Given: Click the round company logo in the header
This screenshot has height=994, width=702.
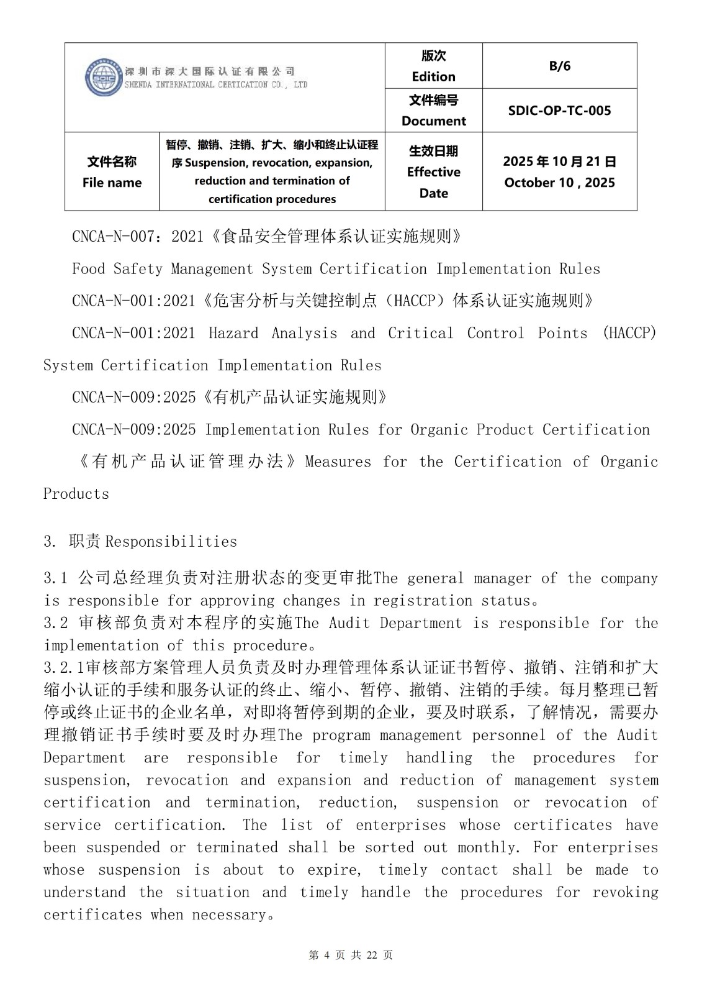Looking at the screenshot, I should click(x=104, y=78).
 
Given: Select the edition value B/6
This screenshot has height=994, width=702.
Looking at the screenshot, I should click(x=559, y=66).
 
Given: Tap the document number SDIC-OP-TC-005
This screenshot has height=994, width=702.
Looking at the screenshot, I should click(x=559, y=111).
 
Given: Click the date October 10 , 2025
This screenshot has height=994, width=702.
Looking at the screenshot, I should click(x=559, y=183).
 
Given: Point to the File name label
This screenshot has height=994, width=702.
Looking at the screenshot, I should click(x=112, y=183).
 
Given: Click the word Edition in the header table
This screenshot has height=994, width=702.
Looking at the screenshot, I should click(x=433, y=76).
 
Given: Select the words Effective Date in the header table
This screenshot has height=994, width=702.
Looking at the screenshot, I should click(x=433, y=182).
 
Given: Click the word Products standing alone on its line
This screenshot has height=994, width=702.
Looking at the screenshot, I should click(x=76, y=495).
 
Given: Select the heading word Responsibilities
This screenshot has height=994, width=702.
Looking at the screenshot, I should click(x=171, y=542).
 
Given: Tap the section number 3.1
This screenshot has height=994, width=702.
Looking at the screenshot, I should click(x=55, y=578).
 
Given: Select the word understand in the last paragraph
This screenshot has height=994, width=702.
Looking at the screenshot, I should click(x=84, y=892).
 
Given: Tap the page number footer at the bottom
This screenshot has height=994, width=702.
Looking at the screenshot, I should click(x=351, y=955).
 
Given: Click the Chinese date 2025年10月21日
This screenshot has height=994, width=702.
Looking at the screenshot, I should click(x=559, y=162).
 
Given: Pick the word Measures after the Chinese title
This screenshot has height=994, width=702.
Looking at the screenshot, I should click(x=338, y=462).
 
